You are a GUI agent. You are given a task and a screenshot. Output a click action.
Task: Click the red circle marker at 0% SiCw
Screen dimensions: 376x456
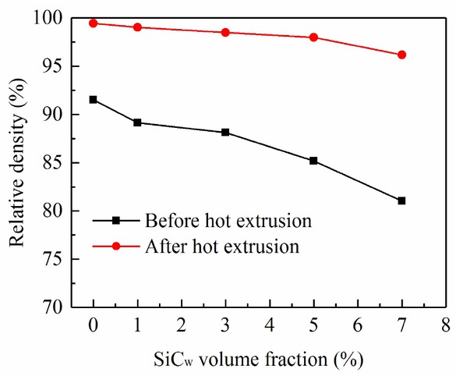(x=94, y=23)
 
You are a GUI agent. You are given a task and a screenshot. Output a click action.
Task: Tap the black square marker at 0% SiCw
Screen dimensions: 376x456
(x=94, y=100)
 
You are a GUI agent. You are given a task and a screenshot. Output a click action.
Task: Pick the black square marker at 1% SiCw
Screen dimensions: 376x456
(x=137, y=122)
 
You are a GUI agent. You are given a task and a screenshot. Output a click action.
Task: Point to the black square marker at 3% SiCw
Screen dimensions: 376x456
(x=225, y=133)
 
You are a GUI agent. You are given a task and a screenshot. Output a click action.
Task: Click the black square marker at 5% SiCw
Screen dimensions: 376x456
(x=313, y=161)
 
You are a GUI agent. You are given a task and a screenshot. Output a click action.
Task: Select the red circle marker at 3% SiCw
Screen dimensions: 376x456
(x=225, y=32)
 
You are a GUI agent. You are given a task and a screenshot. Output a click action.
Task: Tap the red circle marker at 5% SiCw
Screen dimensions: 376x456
(x=313, y=37)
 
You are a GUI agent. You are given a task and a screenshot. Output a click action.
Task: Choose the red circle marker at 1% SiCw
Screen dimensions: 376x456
(x=137, y=27)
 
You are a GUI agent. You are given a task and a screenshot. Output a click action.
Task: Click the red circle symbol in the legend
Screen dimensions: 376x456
(x=115, y=247)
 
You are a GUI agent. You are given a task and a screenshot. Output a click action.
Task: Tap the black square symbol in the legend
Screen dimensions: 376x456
(x=115, y=221)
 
